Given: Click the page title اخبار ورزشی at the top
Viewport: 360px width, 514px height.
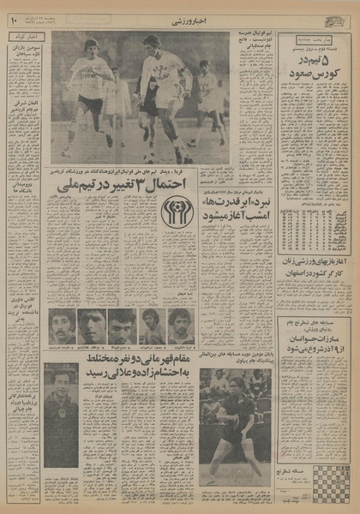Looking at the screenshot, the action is tap(180, 16).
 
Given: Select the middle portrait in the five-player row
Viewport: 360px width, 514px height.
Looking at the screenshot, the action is tap(122, 326).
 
